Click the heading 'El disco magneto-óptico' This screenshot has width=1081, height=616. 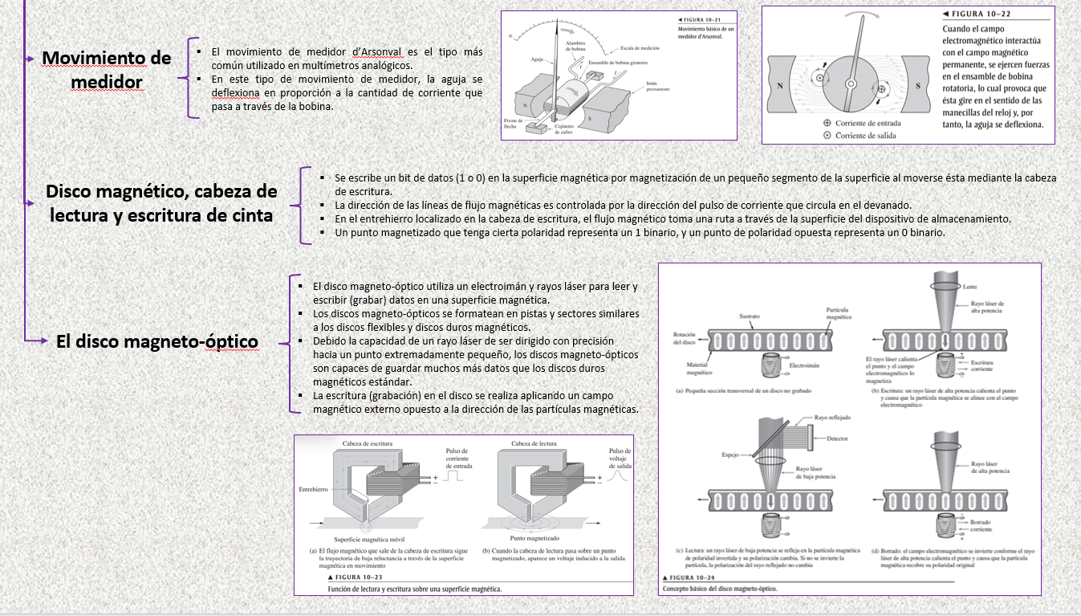pyautogui.click(x=156, y=341)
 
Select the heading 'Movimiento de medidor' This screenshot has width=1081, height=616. pyautogui.click(x=106, y=70)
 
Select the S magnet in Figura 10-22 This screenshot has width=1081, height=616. pyautogui.click(x=917, y=85)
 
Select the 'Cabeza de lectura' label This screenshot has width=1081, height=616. pyautogui.click(x=534, y=443)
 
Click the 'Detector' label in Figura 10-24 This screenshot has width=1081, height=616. pyautogui.click(x=837, y=439)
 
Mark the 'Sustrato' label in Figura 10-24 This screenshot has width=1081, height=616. pyautogui.click(x=749, y=317)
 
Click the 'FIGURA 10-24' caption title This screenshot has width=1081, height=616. pyautogui.click(x=692, y=577)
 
